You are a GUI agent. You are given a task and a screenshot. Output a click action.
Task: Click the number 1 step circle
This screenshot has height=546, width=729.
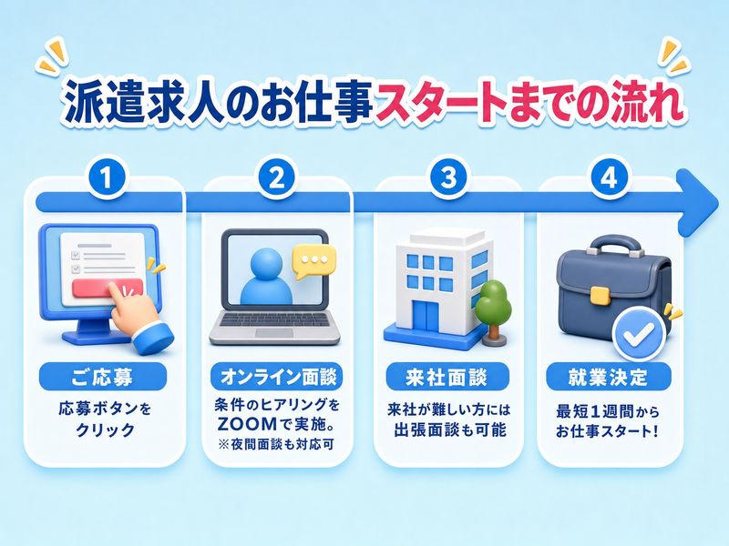pyautogui.click(x=107, y=178)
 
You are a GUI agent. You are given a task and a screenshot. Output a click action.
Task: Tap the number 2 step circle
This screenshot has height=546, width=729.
pyautogui.click(x=277, y=178)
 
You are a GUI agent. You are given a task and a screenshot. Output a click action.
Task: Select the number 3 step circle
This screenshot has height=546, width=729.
pyautogui.click(x=447, y=178)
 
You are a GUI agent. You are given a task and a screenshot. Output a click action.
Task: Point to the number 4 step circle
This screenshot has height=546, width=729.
pyautogui.click(x=609, y=178)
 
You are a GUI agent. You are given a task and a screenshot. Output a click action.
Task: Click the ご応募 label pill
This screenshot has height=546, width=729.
pyautogui.click(x=103, y=377)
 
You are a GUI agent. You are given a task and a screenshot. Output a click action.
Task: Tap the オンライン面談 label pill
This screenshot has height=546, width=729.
pyautogui.click(x=277, y=377)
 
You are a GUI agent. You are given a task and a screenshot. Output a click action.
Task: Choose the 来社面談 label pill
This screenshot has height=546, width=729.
pyautogui.click(x=447, y=377)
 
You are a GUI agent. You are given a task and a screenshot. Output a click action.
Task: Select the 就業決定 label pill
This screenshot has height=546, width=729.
pyautogui.click(x=609, y=377)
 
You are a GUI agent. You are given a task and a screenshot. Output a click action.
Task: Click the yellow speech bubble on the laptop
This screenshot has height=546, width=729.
pyautogui.click(x=313, y=261)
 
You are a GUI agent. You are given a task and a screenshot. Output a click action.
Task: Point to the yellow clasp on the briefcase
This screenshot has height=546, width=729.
pyautogui.click(x=600, y=296)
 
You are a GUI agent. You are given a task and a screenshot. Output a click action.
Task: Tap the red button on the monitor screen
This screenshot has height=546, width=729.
pyautogui.click(x=108, y=288)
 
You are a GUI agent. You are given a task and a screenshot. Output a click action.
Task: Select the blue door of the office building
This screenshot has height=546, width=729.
pyautogui.click(x=426, y=317)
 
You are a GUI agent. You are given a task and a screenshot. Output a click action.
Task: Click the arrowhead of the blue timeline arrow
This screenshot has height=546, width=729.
pyautogui.click(x=697, y=202)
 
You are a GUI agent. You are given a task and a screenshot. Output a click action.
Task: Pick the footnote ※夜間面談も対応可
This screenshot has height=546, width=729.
pyautogui.click(x=277, y=444)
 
